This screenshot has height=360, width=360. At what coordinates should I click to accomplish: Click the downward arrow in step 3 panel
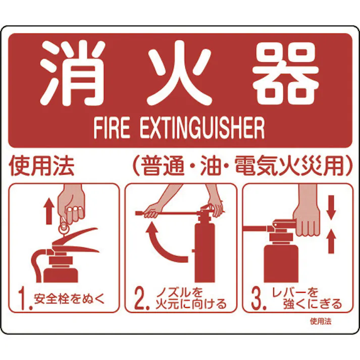[x=331, y=206]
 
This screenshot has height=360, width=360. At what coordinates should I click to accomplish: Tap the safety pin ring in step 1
[x=64, y=228]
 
